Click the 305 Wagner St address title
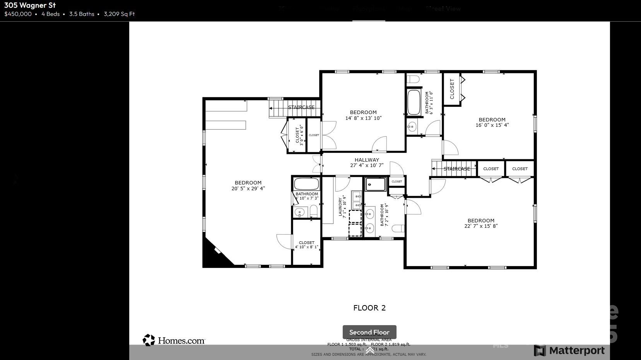click(x=30, y=5)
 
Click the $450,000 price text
click(x=18, y=14)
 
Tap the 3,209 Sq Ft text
click(x=119, y=14)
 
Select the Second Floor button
click(x=369, y=332)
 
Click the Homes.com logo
click(x=174, y=340)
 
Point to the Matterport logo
click(x=569, y=350)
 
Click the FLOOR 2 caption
click(x=369, y=308)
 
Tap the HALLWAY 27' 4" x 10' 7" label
click(x=366, y=162)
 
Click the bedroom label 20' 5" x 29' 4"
click(x=248, y=186)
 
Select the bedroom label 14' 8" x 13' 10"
click(x=363, y=115)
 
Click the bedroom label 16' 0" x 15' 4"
click(x=492, y=122)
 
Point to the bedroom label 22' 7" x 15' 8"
click(x=481, y=223)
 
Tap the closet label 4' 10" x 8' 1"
click(x=306, y=245)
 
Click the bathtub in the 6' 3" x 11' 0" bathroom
click(x=414, y=102)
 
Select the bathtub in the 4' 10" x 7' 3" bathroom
click(x=306, y=184)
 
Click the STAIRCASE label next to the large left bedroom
click(x=301, y=107)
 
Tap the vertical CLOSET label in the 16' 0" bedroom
click(x=452, y=89)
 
